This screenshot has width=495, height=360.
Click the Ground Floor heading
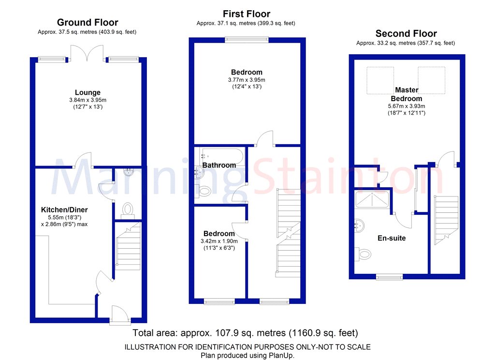click(87, 22)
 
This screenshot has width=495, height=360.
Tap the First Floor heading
click(246, 14)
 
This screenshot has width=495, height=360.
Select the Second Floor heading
click(406, 33)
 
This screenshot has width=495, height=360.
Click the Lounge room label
click(87, 92)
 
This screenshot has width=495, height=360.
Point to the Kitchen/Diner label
click(64, 210)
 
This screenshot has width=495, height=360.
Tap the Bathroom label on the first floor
click(219, 165)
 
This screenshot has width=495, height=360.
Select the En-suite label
click(392, 238)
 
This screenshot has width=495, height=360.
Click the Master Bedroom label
click(407, 94)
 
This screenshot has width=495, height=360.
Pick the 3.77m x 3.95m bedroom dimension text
click(247, 80)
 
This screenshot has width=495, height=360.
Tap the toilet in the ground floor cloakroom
click(128, 209)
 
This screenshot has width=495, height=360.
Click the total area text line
click(245, 333)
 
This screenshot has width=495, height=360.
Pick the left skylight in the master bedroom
click(380, 80)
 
